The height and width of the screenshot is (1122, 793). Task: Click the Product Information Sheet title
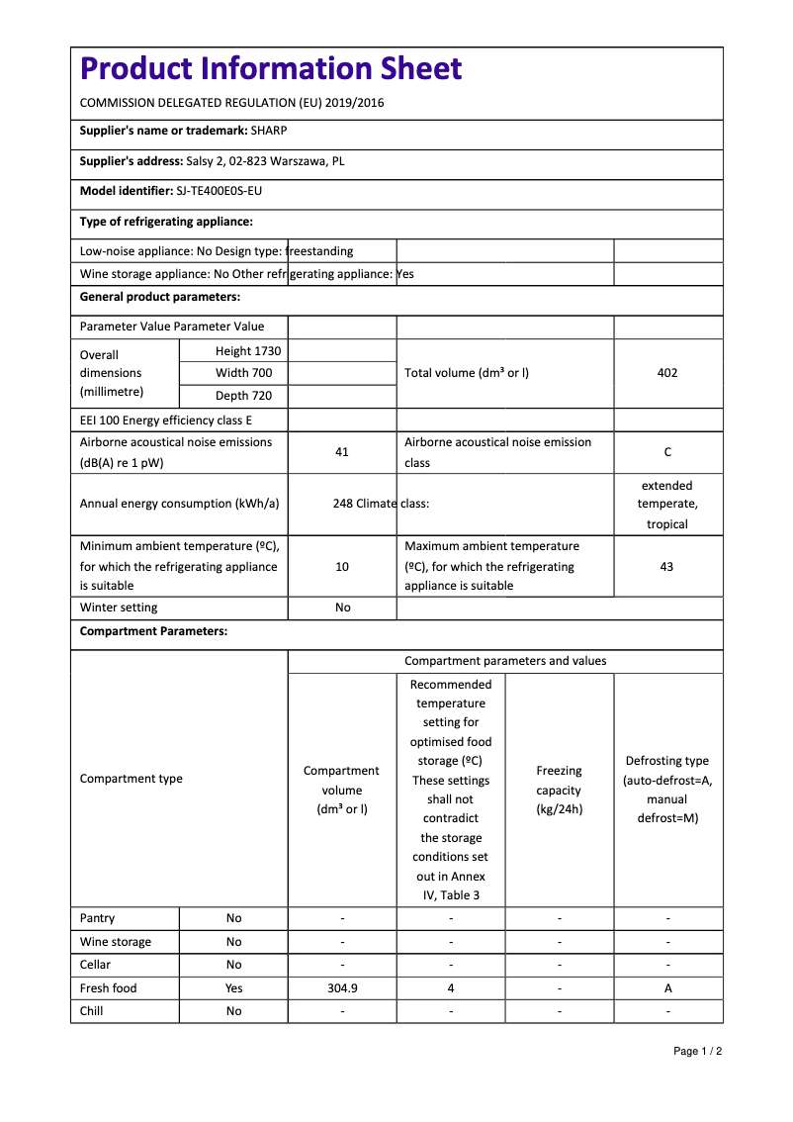pyautogui.click(x=271, y=69)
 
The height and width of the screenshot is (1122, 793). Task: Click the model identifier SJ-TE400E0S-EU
pyautogui.click(x=219, y=191)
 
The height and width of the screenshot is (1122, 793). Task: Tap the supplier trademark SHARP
pyautogui.click(x=269, y=131)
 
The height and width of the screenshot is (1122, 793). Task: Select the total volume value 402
pyautogui.click(x=667, y=373)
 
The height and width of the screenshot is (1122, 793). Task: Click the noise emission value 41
pyautogui.click(x=342, y=452)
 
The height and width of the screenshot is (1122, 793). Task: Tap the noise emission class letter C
pyautogui.click(x=667, y=452)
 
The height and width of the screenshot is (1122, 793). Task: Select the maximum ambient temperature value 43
pyautogui.click(x=667, y=567)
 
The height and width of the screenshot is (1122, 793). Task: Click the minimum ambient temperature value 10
pyautogui.click(x=342, y=567)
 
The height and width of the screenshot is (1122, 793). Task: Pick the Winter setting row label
pyautogui.click(x=119, y=608)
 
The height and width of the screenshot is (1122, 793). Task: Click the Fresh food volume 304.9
pyautogui.click(x=342, y=988)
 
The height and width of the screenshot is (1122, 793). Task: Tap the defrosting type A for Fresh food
pyautogui.click(x=667, y=988)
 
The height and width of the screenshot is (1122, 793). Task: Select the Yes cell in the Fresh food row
pyautogui.click(x=233, y=988)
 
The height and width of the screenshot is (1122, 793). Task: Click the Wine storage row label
pyautogui.click(x=116, y=942)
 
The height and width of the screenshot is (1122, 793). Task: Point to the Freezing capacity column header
pyautogui.click(x=559, y=790)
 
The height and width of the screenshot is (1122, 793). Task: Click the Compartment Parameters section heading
pyautogui.click(x=153, y=631)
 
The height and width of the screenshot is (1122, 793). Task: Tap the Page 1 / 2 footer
pyautogui.click(x=697, y=1051)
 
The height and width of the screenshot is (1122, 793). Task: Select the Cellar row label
pyautogui.click(x=96, y=965)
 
